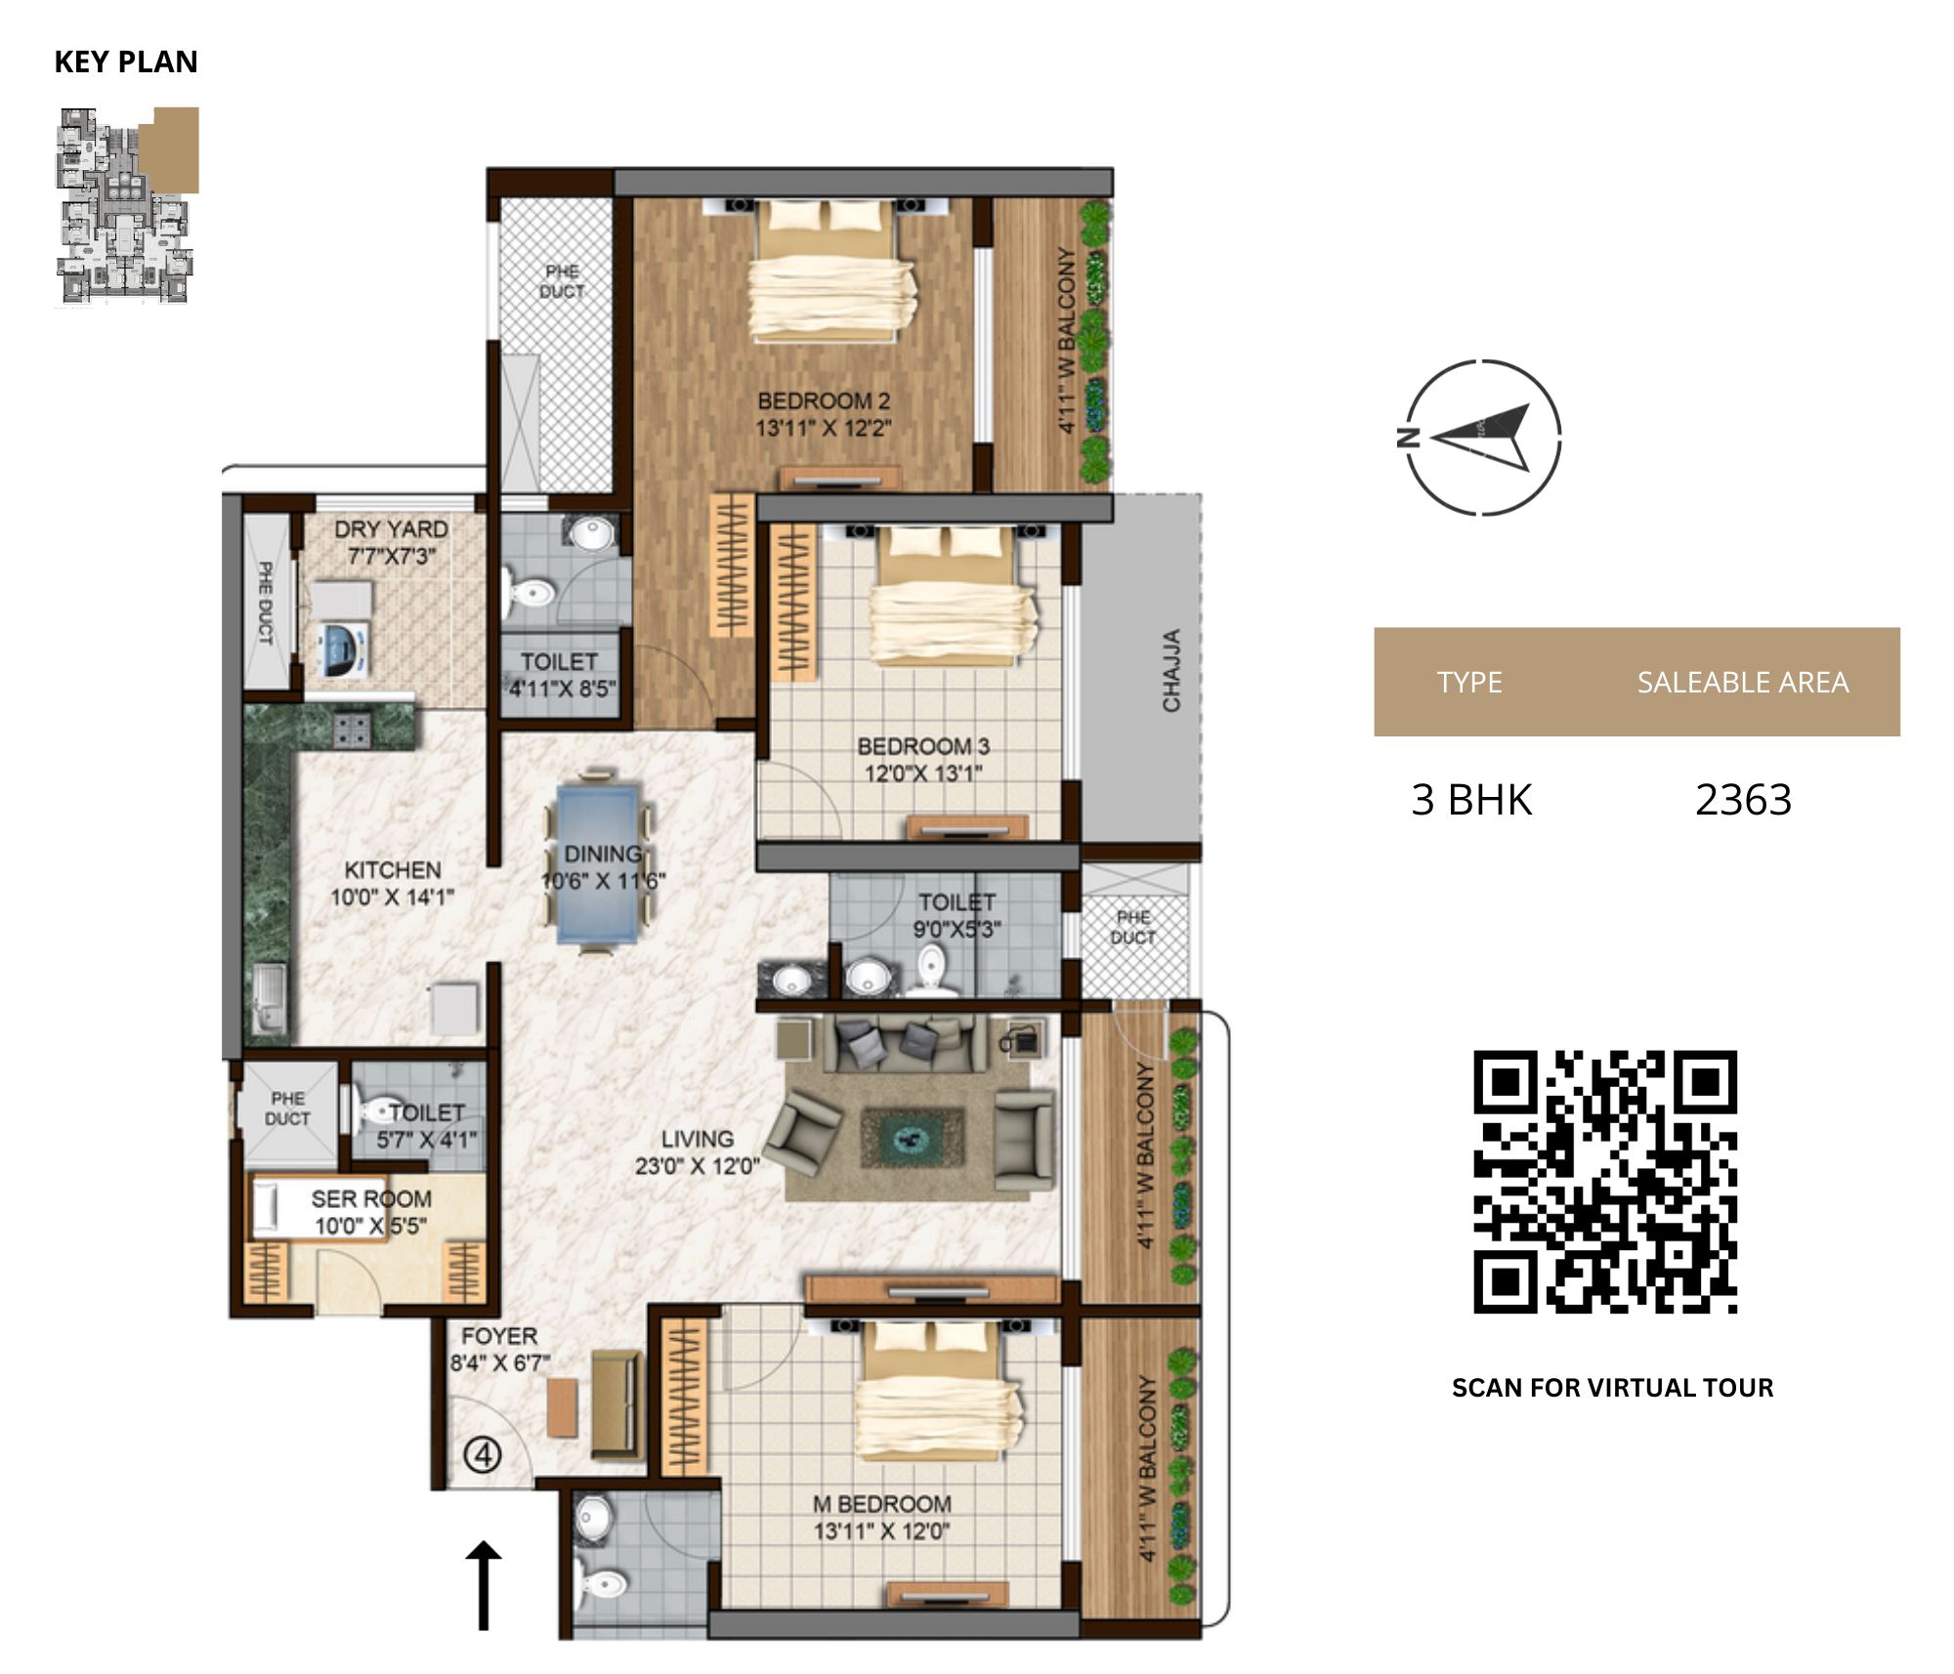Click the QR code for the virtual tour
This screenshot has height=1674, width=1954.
[x=1605, y=1182]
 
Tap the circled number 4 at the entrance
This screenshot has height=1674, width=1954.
[x=482, y=1456]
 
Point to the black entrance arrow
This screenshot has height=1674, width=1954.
[x=483, y=1586]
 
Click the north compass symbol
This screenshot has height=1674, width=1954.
[x=1480, y=437]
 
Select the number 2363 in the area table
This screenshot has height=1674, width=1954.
[x=1743, y=800]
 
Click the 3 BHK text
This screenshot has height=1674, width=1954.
[x=1471, y=800]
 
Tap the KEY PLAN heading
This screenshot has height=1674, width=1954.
[x=126, y=62]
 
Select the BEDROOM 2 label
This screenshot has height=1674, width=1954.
[x=824, y=400]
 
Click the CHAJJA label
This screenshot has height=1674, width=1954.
[x=1171, y=670]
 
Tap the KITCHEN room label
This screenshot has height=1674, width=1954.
[x=393, y=869]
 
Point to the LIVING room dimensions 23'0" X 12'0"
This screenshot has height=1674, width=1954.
[x=697, y=1165]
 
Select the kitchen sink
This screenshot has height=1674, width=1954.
[x=269, y=998]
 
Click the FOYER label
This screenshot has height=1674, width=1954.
[x=499, y=1335]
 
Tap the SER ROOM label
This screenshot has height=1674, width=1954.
[x=371, y=1198]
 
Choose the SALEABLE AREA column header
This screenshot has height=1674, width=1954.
[x=1743, y=682]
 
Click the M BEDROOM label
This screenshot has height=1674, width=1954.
[x=881, y=1504]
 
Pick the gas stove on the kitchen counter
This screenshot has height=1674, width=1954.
[x=353, y=729]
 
